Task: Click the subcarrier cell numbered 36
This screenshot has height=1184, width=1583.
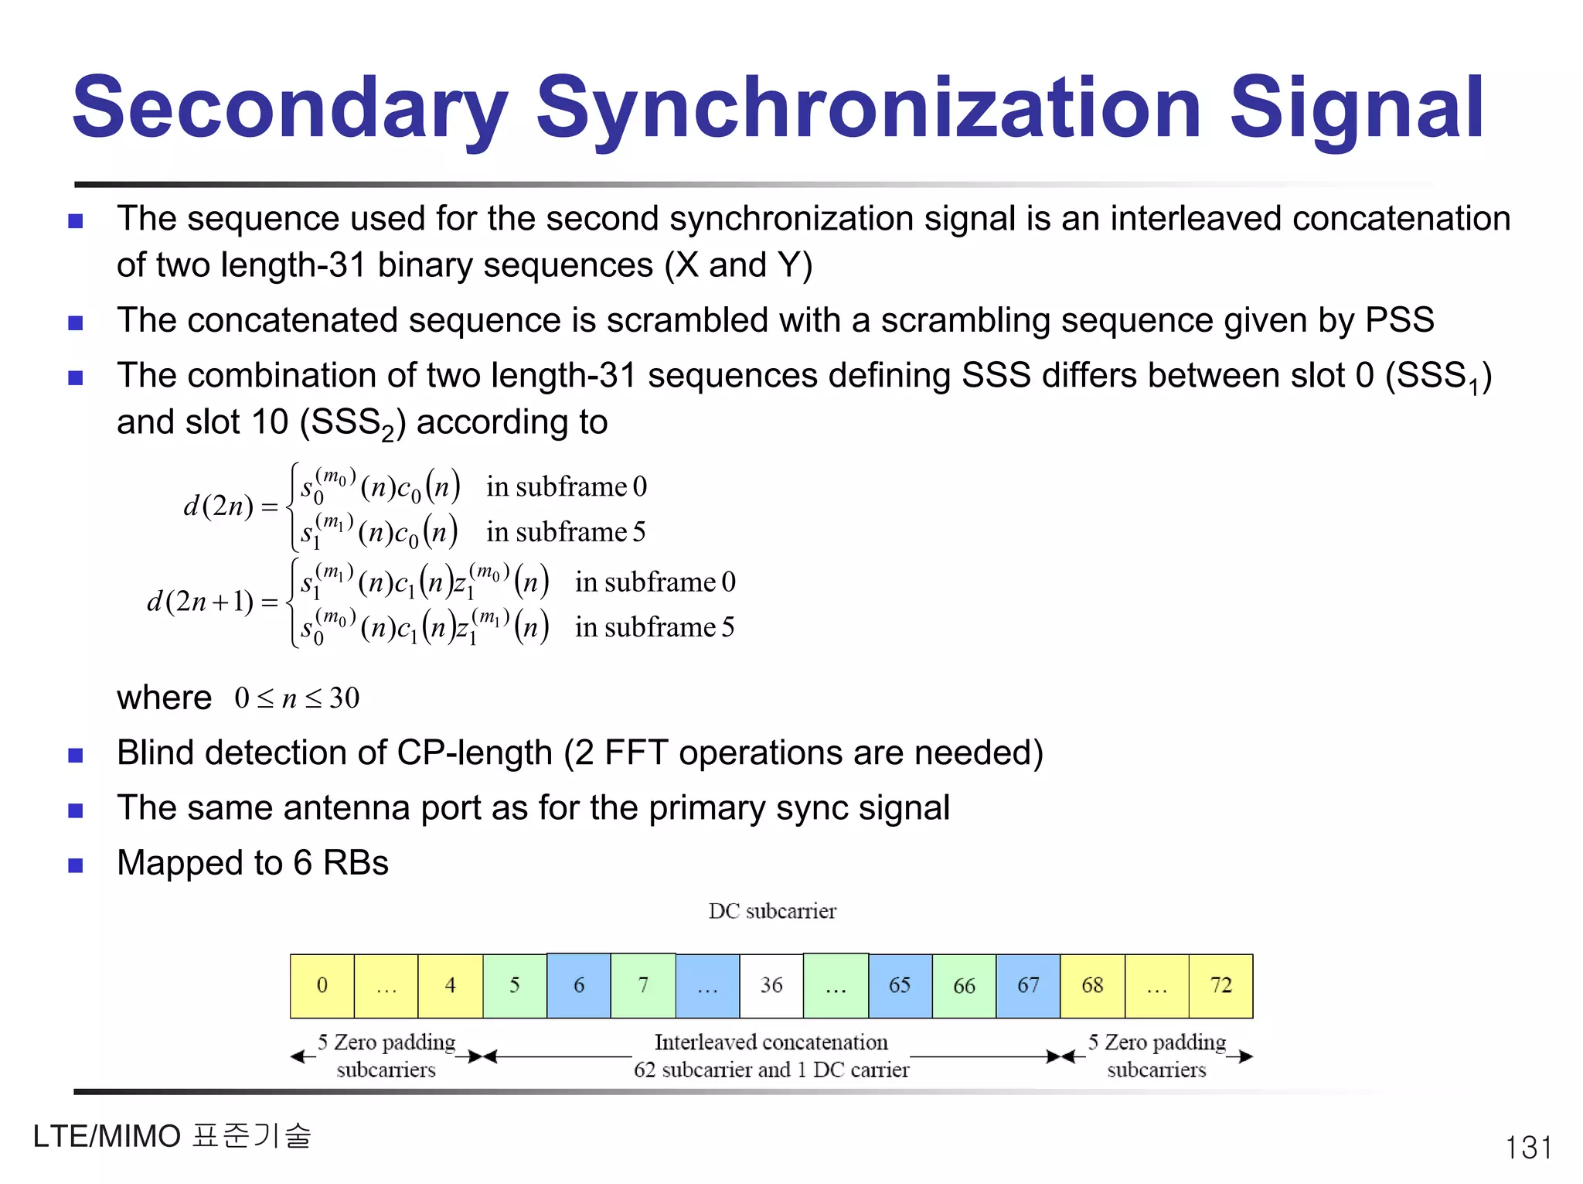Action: coord(771,985)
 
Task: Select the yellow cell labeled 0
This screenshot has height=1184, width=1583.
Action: coord(322,985)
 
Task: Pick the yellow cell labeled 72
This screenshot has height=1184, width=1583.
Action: coord(1220,985)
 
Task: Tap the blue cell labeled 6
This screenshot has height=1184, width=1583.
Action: coord(579,985)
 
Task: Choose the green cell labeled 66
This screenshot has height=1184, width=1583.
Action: coord(964,985)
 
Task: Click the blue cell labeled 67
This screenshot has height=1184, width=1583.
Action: coord(1028,985)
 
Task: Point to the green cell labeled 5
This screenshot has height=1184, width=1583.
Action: coord(515,985)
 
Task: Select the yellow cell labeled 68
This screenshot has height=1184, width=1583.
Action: coord(1092,985)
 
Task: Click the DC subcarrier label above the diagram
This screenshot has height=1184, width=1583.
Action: coord(772,911)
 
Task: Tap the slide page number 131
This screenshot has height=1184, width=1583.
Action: coord(1528,1148)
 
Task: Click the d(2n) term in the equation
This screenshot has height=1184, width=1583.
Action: coord(219,506)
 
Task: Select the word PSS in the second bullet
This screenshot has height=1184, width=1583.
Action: coord(1399,320)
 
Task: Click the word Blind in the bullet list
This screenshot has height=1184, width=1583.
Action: coord(164,752)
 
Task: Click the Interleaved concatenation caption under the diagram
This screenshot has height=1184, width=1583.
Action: coord(771,1042)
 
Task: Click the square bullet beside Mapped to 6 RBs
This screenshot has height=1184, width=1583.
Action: coord(76,865)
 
